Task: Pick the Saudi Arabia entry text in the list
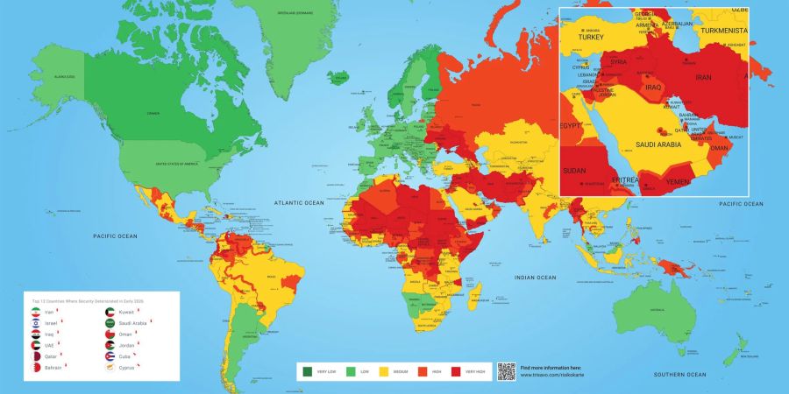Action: [x=133, y=322]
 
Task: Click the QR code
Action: [x=506, y=370]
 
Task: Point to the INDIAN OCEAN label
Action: [x=535, y=278]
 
